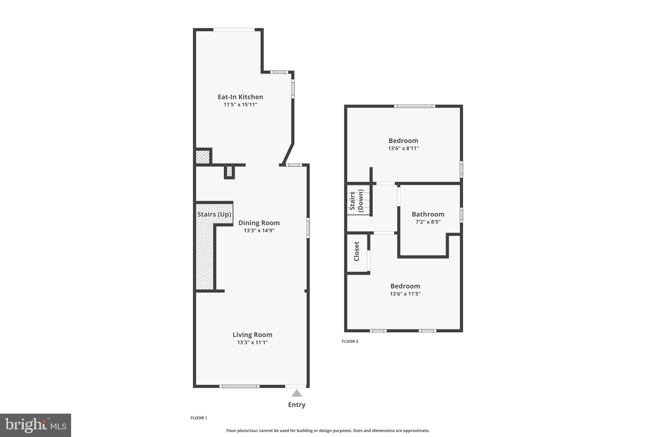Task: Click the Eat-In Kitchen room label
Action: (240, 97)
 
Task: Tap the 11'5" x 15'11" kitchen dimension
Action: (240, 105)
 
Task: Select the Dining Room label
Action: (259, 223)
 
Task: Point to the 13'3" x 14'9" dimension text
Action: (259, 231)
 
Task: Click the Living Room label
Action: (252, 335)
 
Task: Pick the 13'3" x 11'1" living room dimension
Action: (252, 342)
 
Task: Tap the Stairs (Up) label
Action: (214, 214)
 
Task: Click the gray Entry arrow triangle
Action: (297, 393)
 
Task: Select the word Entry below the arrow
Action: (297, 405)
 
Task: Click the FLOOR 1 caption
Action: (199, 418)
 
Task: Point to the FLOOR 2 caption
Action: (350, 341)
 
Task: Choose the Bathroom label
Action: (428, 214)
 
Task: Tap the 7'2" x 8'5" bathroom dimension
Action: (428, 222)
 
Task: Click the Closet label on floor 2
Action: (357, 251)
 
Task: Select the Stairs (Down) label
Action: (357, 200)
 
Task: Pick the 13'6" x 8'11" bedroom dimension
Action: (403, 148)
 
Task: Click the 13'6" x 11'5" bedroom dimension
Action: (405, 294)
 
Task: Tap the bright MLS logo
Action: (36, 425)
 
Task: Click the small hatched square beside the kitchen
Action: (202, 157)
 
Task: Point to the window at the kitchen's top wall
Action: (234, 30)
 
